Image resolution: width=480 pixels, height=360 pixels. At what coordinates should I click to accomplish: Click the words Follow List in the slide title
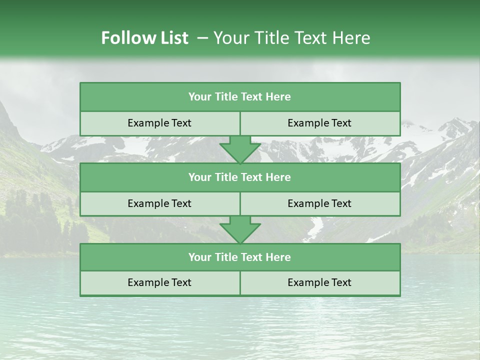(x=144, y=38)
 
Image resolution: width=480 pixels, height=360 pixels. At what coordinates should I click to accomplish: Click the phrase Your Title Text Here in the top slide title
(x=291, y=38)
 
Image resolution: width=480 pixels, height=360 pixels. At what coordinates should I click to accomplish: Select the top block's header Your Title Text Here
(x=239, y=97)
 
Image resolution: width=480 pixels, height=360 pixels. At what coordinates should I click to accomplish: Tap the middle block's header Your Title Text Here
(x=239, y=177)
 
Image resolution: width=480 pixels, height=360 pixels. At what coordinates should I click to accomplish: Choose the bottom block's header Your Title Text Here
(x=239, y=257)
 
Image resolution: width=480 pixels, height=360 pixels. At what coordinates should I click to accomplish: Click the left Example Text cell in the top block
(x=159, y=123)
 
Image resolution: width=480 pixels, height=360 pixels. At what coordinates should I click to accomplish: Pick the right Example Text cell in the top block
(x=319, y=123)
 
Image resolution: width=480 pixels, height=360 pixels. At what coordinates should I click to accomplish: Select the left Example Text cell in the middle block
(x=159, y=204)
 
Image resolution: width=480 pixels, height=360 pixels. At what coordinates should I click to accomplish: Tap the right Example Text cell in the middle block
(x=319, y=204)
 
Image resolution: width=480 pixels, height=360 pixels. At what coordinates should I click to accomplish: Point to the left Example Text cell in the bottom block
(x=159, y=283)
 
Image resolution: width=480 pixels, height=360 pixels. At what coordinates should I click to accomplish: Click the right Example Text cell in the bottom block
(x=319, y=283)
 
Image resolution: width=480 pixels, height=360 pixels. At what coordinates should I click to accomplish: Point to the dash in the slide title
(x=202, y=38)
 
